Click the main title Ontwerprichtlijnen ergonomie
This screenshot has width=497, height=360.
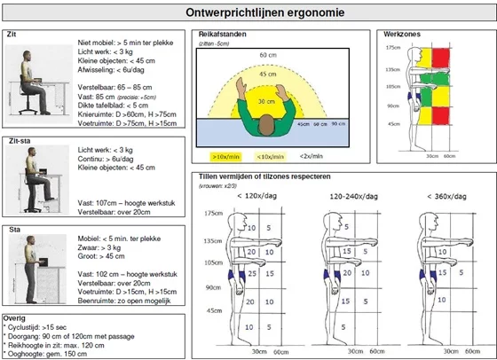(248, 13)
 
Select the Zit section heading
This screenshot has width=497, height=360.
(12, 33)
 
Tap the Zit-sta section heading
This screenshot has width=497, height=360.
(17, 140)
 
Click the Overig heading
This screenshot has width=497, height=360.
(15, 316)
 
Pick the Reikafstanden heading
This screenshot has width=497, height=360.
(223, 34)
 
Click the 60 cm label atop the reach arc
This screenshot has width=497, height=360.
(267, 55)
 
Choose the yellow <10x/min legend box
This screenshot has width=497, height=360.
(271, 156)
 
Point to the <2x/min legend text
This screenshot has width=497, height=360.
(312, 156)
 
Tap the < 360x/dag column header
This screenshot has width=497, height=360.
(440, 197)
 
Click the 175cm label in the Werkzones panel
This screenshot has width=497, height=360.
(394, 47)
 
